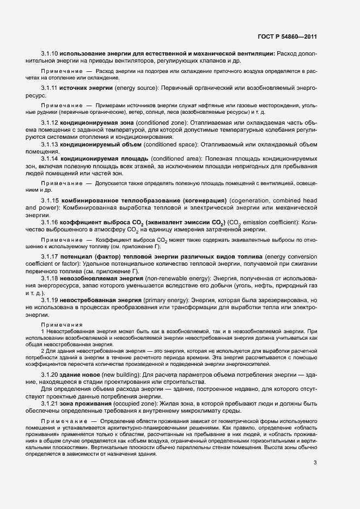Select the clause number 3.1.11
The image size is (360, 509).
[x=50, y=88]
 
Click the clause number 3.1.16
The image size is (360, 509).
[x=50, y=222]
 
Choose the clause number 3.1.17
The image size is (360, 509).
[x=50, y=256]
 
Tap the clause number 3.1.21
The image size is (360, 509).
[x=50, y=403]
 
